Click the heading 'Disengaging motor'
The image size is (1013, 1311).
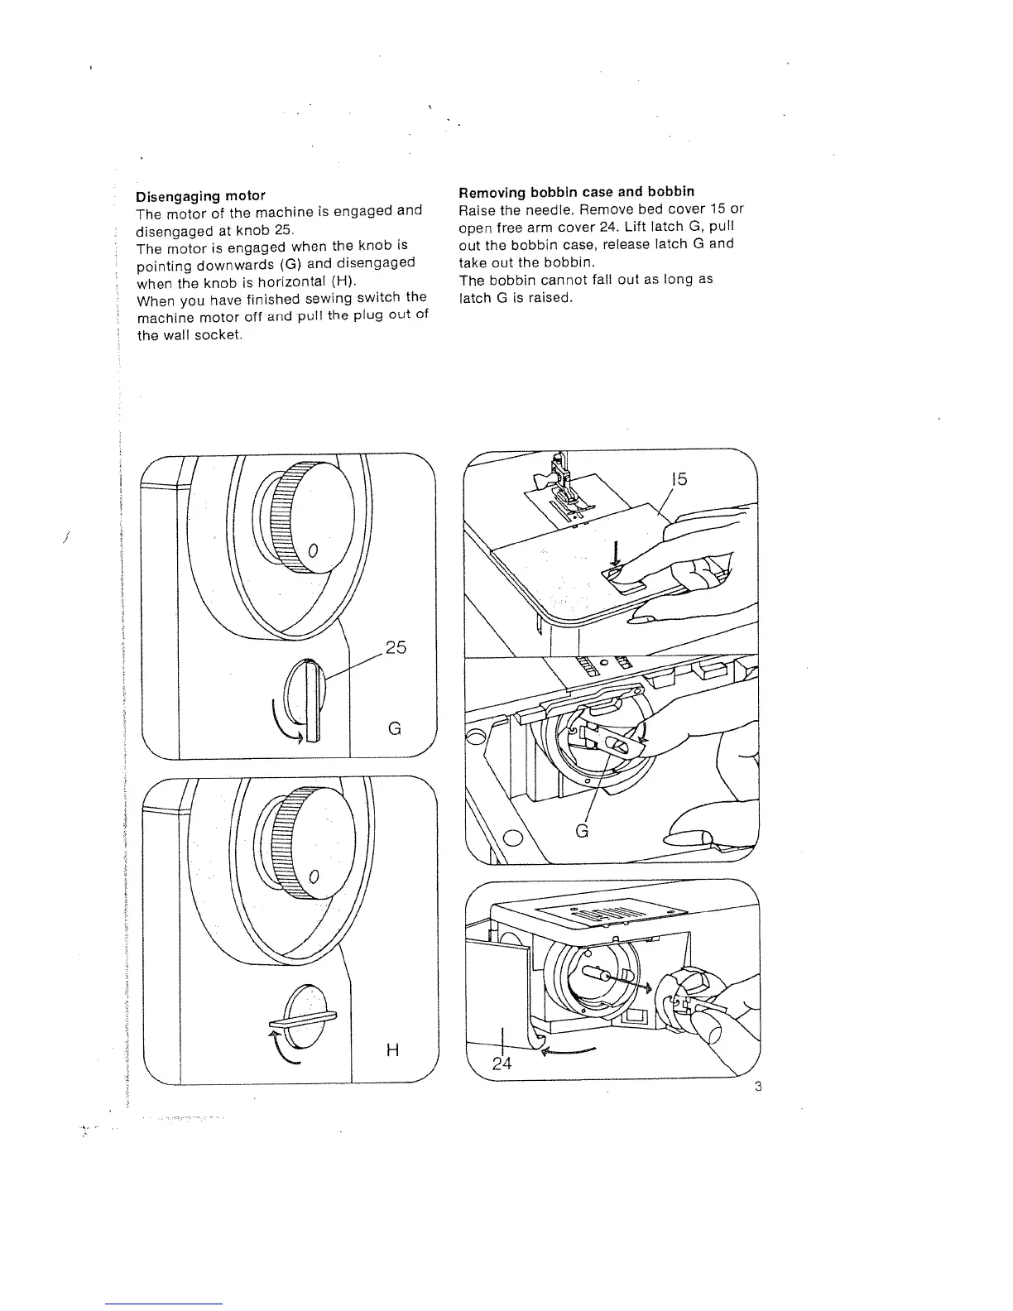[x=200, y=196]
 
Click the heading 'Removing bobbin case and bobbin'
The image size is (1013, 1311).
[x=576, y=192]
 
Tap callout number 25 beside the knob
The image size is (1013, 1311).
[x=396, y=647]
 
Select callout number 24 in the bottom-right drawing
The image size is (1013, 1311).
[x=502, y=1064]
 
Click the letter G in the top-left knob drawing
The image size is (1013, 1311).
[x=395, y=728]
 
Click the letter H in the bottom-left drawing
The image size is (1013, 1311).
[x=393, y=1050]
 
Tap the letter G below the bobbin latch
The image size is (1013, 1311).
[x=582, y=830]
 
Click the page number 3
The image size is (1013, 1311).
[x=757, y=1087]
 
